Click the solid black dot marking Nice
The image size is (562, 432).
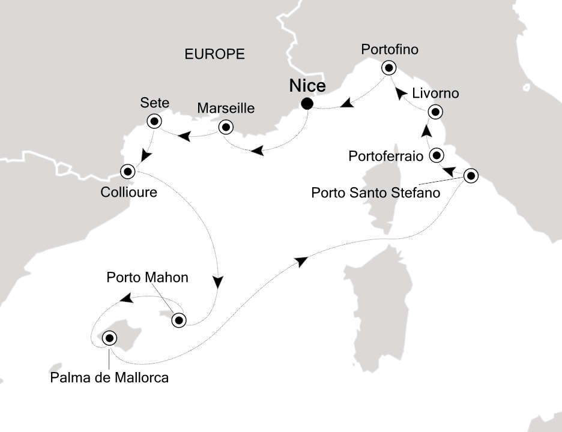click(x=307, y=104)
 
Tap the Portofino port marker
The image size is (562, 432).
click(x=390, y=67)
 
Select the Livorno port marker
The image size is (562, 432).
click(x=435, y=112)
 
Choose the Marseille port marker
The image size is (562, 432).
click(x=225, y=127)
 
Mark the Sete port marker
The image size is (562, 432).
click(x=154, y=122)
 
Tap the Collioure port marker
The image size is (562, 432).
click(x=127, y=172)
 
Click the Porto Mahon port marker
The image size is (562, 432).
click(x=178, y=320)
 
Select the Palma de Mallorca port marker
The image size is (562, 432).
click(x=109, y=338)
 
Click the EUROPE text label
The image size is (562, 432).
click(x=214, y=54)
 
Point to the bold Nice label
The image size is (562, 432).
click(x=307, y=85)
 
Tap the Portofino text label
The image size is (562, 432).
click(x=390, y=50)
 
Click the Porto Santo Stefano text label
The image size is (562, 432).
click(x=377, y=193)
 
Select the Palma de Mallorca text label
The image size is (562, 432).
click(x=109, y=378)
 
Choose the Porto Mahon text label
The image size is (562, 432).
click(x=148, y=278)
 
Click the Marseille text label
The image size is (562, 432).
click(x=226, y=109)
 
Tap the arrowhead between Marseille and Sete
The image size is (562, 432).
click(x=186, y=137)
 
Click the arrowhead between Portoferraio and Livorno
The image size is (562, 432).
click(x=426, y=130)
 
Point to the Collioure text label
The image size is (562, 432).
click(x=128, y=193)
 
